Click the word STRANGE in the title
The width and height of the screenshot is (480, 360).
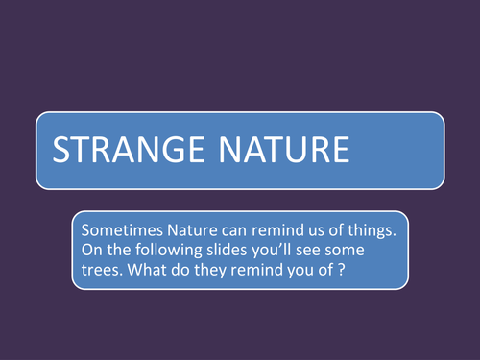(x=122, y=151)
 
